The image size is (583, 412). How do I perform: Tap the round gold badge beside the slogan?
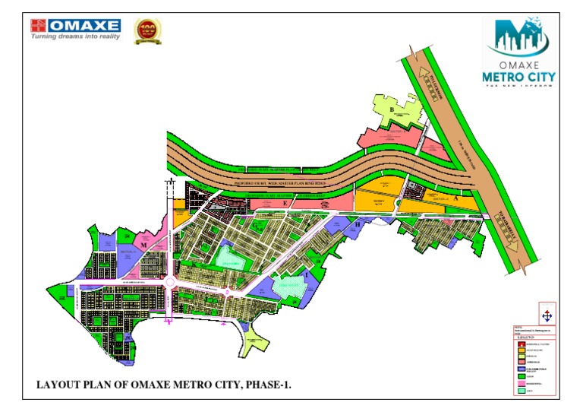click(x=148, y=30)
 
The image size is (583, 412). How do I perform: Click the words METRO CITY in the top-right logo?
click(x=519, y=77)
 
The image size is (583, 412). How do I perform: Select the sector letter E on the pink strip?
click(x=285, y=204)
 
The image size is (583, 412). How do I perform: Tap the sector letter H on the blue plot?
click(x=357, y=224)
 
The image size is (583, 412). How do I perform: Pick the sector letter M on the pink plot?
click(x=142, y=246)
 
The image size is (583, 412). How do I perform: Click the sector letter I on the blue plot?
click(x=306, y=272)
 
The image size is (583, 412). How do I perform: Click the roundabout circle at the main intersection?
click(x=169, y=283)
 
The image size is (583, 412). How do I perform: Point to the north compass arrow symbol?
click(x=547, y=315)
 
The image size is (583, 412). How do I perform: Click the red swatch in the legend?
click(x=521, y=345)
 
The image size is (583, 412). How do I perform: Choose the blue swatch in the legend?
click(x=521, y=369)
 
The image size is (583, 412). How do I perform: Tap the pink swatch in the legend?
click(x=521, y=384)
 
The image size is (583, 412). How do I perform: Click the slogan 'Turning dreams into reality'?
click(x=75, y=36)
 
